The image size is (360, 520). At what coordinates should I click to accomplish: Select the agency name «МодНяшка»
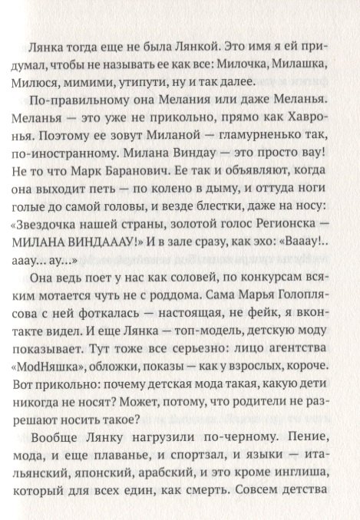point(68,392)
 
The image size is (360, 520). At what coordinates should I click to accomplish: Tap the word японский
point(116,499)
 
